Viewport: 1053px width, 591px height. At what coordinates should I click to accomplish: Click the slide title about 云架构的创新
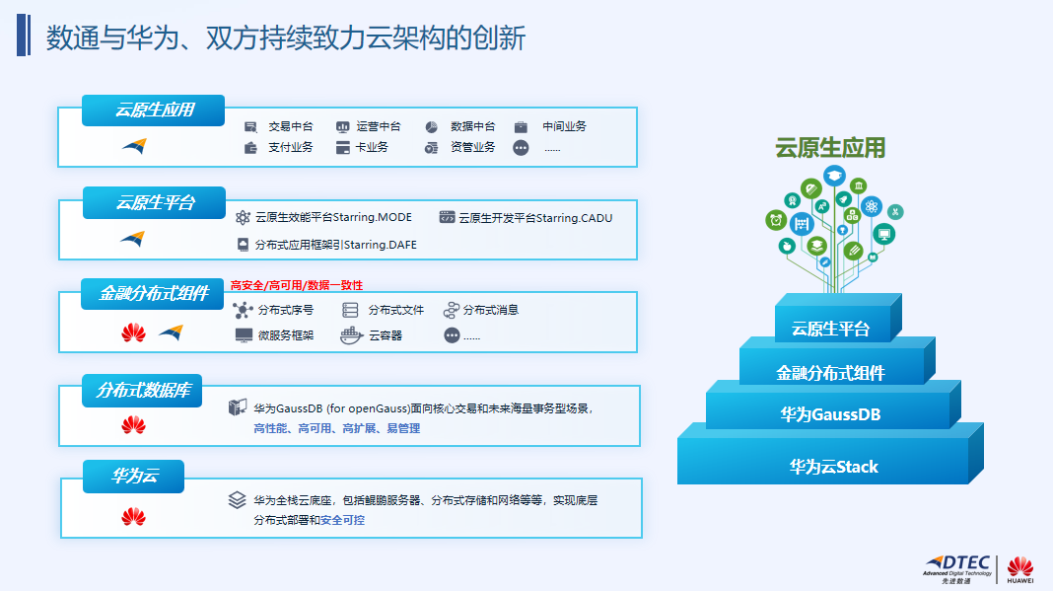pyautogui.click(x=286, y=37)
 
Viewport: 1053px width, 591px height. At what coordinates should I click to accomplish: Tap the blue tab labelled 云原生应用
pyautogui.click(x=154, y=111)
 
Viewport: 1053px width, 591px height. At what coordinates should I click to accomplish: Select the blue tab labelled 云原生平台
pyautogui.click(x=155, y=202)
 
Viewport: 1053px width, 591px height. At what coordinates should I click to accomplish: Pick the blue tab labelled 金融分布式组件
pyautogui.click(x=154, y=293)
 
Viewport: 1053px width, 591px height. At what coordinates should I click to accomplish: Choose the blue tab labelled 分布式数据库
pyautogui.click(x=142, y=391)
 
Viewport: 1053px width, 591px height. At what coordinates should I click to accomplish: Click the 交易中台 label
pyautogui.click(x=291, y=126)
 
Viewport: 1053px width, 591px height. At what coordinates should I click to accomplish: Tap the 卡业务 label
pyautogui.click(x=372, y=148)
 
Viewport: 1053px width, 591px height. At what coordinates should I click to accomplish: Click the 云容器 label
pyautogui.click(x=386, y=335)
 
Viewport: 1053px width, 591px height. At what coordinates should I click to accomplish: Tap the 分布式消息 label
pyautogui.click(x=491, y=310)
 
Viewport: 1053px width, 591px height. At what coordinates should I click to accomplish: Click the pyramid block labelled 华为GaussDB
pyautogui.click(x=829, y=414)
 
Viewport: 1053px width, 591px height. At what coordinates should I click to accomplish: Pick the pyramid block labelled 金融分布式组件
pyautogui.click(x=830, y=372)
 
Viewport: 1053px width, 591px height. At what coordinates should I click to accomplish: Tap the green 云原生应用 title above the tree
pyautogui.click(x=830, y=149)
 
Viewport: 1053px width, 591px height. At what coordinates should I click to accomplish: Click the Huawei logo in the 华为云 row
pyautogui.click(x=133, y=516)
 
